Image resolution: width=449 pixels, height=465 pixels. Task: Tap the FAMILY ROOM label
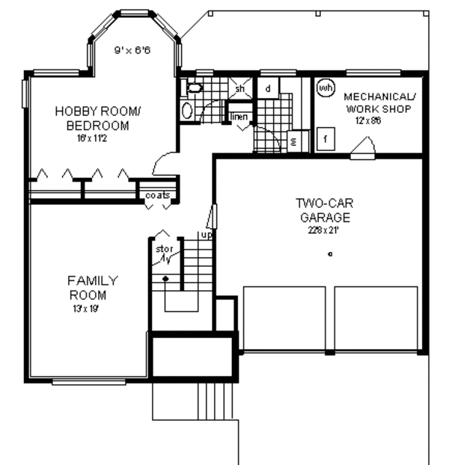tap(92, 287)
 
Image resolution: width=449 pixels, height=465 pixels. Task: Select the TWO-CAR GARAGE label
tap(323, 209)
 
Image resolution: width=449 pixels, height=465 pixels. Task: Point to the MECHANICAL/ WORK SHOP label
tap(379, 103)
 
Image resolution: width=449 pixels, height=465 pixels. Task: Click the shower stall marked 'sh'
tap(240, 89)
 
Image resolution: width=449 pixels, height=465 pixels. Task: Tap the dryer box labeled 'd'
tap(268, 88)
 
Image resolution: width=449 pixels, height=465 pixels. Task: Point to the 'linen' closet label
tap(239, 117)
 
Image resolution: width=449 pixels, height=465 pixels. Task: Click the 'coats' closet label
tap(158, 195)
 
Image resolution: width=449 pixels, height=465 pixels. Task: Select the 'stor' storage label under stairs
tap(163, 249)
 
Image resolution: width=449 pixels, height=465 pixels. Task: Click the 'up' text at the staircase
tap(206, 235)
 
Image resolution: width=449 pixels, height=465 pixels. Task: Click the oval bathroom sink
tap(187, 111)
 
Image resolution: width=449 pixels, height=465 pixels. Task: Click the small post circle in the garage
tap(330, 255)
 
